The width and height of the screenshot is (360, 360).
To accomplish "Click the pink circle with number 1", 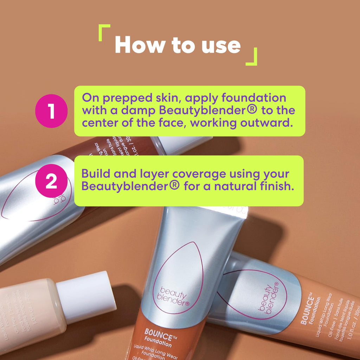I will tap(51, 111).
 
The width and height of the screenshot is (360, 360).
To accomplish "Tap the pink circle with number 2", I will tap(51, 181).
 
